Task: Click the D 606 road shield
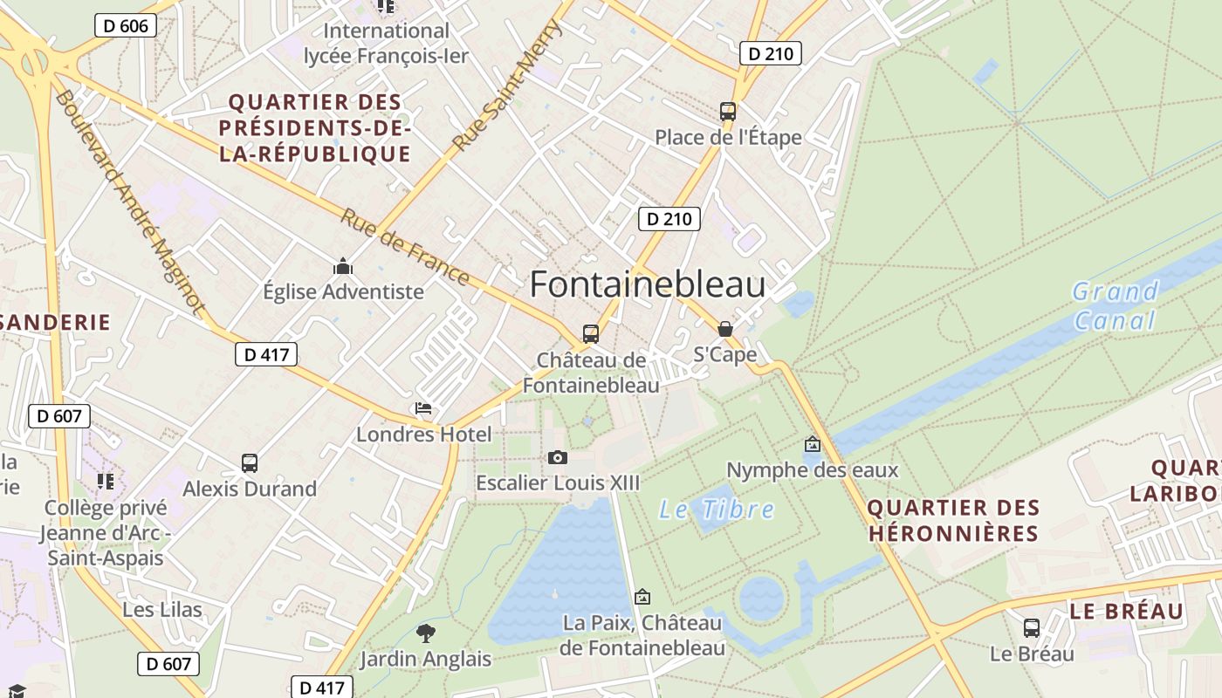pos(126,25)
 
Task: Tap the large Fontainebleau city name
pos(648,284)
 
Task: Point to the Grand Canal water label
pos(1115,305)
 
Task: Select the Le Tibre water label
pos(717,509)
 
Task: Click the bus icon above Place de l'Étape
pos(727,112)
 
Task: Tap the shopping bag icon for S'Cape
pos(724,329)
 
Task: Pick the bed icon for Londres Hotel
pos(423,407)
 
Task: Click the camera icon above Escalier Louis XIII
pos(557,457)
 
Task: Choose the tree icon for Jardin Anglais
pos(426,633)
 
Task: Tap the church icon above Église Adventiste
pos(343,265)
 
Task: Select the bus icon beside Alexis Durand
pos(250,463)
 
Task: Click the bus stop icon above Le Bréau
pos(1031,627)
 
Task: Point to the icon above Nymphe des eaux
pos(813,444)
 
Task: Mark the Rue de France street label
pos(404,246)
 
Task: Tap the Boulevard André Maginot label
pos(129,201)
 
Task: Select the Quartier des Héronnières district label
pos(953,520)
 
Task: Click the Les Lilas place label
pos(162,609)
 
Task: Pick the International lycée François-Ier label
pos(386,44)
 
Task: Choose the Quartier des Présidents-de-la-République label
pos(314,128)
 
